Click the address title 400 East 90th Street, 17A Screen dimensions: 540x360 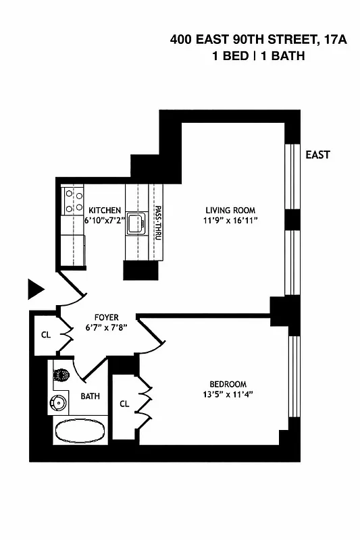[x=259, y=40]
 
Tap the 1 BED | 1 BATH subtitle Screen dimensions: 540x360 [x=259, y=56]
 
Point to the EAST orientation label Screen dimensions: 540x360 [x=317, y=155]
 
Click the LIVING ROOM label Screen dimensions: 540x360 [x=230, y=210]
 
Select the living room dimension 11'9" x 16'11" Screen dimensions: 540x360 [x=230, y=220]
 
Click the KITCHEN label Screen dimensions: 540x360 [x=105, y=211]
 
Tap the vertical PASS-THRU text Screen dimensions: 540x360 [x=157, y=223]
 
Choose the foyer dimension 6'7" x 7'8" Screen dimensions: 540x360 [x=106, y=327]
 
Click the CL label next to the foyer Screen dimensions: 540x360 [x=45, y=333]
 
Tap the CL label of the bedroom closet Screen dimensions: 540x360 [x=124, y=404]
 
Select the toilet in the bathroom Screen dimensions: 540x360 [x=61, y=375]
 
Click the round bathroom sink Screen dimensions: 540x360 [x=59, y=403]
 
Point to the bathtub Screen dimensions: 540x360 [x=80, y=431]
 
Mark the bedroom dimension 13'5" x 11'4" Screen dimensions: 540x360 [x=226, y=394]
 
